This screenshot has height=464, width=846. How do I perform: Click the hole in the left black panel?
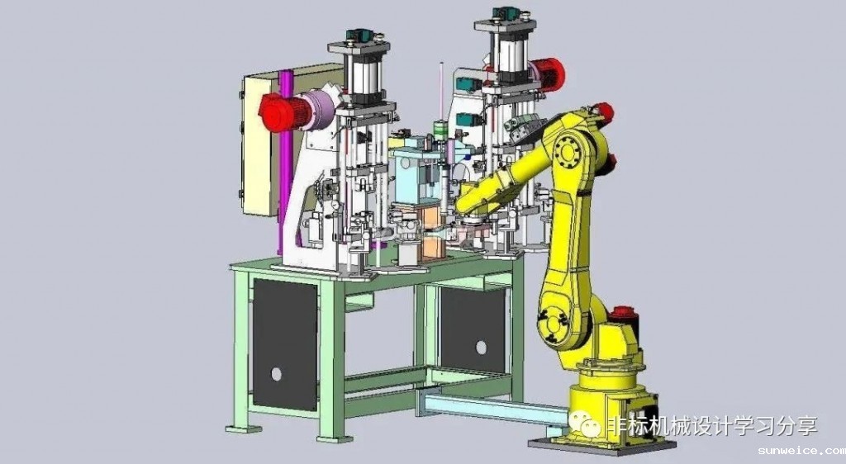click(x=276, y=374)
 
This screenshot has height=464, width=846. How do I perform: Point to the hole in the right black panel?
click(x=481, y=348)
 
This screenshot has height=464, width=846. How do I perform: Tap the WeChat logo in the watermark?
click(x=585, y=424)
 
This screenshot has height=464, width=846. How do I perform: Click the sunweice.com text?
click(x=801, y=451)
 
